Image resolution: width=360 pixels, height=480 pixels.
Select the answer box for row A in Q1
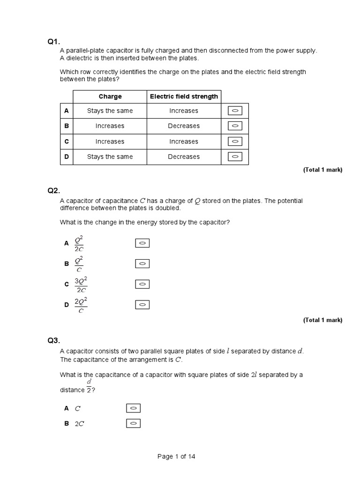click(x=235, y=111)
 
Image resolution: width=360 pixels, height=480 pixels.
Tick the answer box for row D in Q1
click(x=235, y=157)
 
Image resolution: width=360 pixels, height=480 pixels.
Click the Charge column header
click(x=110, y=97)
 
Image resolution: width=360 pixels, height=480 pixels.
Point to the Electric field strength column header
click(x=184, y=97)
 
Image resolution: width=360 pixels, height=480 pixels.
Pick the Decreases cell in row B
click(x=184, y=126)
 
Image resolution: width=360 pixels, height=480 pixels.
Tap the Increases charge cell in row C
click(x=110, y=142)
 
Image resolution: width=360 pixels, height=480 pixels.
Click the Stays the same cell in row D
click(x=110, y=157)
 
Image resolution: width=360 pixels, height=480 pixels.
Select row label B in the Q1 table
click(x=66, y=126)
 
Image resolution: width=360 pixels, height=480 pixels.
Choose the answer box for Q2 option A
click(x=142, y=243)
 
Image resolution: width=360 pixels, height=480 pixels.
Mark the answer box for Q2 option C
click(x=142, y=284)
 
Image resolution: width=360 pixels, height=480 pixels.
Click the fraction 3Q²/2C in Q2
click(x=81, y=285)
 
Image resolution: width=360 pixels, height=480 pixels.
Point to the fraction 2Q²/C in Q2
click(x=81, y=305)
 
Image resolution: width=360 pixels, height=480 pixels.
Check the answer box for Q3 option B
click(x=133, y=423)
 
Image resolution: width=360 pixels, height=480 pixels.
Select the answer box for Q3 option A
click(x=133, y=408)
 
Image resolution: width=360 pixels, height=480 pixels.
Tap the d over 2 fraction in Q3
click(x=89, y=387)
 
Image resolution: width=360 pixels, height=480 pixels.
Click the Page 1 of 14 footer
click(x=176, y=457)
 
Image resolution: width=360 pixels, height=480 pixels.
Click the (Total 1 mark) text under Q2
click(x=322, y=320)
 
